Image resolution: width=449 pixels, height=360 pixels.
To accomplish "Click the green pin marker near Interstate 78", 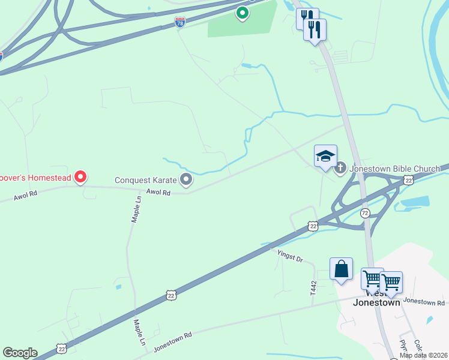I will tap(242, 12).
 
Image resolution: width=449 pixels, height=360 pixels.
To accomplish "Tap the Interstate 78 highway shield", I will tap(180, 22).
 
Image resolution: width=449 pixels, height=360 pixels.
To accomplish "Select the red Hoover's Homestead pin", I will tap(80, 177).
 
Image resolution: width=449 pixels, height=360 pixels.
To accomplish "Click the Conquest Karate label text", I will tap(146, 179).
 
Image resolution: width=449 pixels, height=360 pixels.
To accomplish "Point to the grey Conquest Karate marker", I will tap(187, 179).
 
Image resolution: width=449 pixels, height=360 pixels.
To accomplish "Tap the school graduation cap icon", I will tap(325, 157).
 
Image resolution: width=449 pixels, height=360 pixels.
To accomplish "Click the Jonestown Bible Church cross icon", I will tap(340, 169).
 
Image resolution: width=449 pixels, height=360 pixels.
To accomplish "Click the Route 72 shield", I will tap(365, 213).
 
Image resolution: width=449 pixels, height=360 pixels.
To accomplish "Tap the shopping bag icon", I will tap(341, 269).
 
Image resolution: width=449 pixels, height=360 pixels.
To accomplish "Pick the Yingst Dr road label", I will tap(290, 256).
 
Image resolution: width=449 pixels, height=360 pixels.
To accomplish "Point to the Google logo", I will tap(20, 353).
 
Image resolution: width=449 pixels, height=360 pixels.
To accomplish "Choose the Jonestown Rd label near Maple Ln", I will tap(172, 342).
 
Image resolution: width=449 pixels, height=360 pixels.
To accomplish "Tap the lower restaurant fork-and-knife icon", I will tap(315, 29).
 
